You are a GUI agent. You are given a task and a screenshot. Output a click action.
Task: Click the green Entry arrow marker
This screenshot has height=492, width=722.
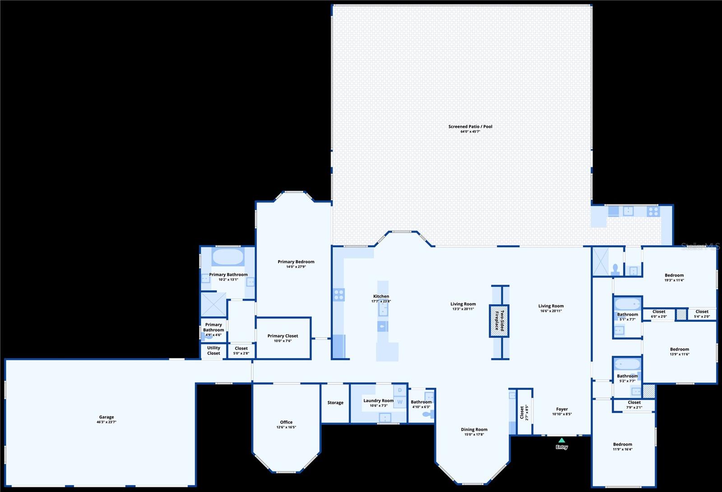click(x=561, y=440)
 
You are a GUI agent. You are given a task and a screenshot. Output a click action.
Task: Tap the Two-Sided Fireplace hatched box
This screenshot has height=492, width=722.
click(x=499, y=321)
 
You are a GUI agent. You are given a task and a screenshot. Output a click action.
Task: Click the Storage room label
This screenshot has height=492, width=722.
click(x=335, y=403)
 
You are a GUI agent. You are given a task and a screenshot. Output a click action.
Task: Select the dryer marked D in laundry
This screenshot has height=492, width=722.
click(x=400, y=390)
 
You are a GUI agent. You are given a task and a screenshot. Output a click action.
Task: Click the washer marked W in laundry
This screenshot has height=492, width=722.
click(x=400, y=402)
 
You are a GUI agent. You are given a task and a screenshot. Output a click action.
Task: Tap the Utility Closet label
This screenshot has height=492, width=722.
click(x=213, y=350)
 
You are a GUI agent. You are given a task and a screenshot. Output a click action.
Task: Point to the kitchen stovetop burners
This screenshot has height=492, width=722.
click(x=339, y=295)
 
